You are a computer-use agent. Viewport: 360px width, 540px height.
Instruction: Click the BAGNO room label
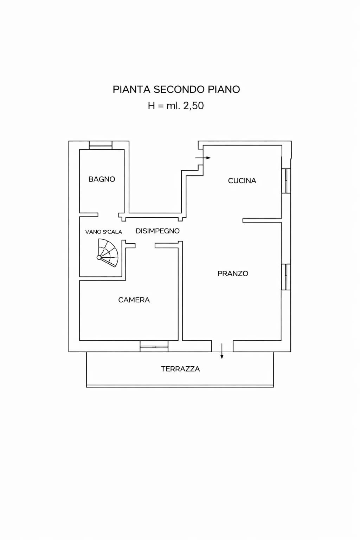click(x=102, y=179)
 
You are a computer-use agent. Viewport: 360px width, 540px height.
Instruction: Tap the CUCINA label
click(x=242, y=181)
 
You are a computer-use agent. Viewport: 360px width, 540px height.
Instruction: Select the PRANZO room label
click(x=233, y=274)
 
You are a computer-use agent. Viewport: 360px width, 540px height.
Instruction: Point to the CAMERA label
click(x=134, y=300)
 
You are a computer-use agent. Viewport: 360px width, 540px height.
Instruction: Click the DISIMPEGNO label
click(x=157, y=231)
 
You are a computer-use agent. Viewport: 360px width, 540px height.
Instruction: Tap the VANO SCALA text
click(x=103, y=232)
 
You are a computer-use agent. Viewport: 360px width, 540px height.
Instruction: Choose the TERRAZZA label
click(x=180, y=369)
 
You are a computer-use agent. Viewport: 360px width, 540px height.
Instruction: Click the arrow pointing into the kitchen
click(x=203, y=158)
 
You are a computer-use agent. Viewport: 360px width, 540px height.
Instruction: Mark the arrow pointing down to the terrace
click(x=222, y=352)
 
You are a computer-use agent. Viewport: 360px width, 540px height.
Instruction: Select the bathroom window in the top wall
click(x=101, y=145)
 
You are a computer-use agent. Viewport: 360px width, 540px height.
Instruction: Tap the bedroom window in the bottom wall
click(x=154, y=346)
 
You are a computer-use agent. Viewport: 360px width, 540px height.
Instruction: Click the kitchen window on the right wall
click(x=286, y=181)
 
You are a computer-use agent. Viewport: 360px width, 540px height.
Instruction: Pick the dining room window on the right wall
click(x=286, y=277)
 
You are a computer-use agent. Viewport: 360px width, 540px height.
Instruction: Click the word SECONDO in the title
click(x=179, y=90)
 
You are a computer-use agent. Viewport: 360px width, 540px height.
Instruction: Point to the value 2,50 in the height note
click(x=193, y=106)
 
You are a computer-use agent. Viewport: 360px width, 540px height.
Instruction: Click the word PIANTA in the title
click(x=131, y=90)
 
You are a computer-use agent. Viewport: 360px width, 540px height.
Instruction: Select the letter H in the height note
click(x=151, y=106)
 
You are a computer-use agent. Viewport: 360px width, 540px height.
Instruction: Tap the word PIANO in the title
click(x=224, y=90)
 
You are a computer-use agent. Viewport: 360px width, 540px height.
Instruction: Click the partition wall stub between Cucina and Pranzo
click(x=262, y=221)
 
